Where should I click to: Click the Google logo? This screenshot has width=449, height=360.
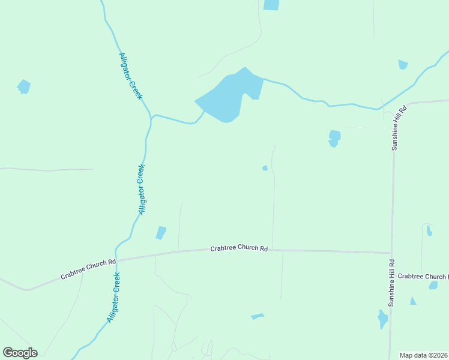(20, 353)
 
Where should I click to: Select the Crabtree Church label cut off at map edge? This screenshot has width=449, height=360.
(423, 277)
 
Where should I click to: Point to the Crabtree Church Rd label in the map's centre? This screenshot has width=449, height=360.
(239, 248)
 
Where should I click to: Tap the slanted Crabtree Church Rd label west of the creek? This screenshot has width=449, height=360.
(88, 269)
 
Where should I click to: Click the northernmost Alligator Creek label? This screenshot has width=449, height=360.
(130, 76)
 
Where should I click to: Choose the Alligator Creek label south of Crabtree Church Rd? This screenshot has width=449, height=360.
(114, 298)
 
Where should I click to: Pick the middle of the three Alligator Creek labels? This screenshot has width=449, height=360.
(142, 189)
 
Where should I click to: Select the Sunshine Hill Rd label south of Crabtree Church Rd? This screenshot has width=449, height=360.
(391, 283)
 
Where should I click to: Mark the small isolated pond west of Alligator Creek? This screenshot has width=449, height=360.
(23, 86)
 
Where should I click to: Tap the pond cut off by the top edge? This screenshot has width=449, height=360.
(271, 5)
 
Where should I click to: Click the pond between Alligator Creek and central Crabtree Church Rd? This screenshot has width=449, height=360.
(161, 233)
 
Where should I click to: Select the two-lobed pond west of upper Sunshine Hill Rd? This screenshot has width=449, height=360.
(334, 138)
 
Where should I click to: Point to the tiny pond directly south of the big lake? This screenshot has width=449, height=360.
(265, 168)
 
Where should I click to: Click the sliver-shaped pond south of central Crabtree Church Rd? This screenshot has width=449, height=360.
(258, 316)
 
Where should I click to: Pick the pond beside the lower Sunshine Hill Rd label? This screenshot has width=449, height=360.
(382, 319)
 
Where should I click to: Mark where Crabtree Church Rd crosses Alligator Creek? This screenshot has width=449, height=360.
(116, 260)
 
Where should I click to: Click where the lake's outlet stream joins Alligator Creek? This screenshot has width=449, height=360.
(152, 116)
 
